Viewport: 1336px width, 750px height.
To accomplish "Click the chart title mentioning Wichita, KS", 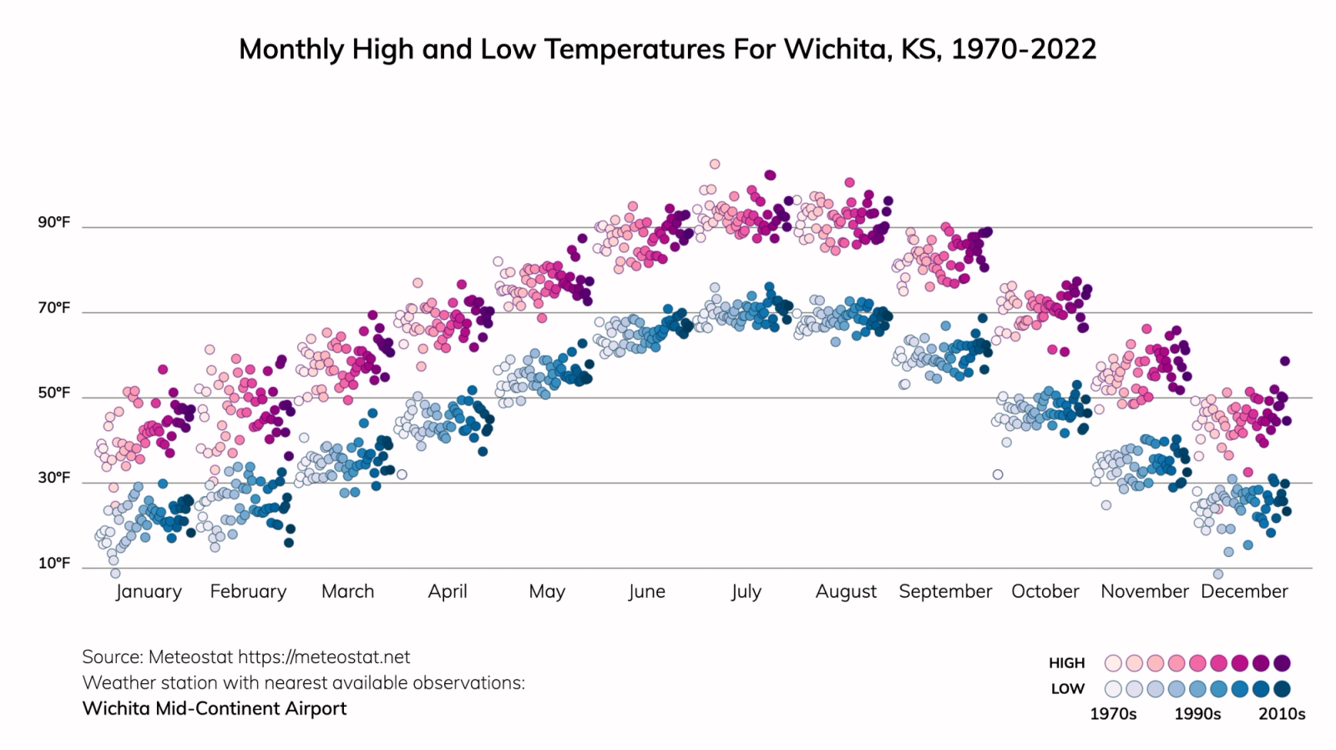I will (x=667, y=48).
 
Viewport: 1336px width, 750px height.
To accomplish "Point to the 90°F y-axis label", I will (x=53, y=222).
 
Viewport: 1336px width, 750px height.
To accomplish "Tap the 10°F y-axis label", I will (x=53, y=563).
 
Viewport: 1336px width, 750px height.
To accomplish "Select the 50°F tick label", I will (x=53, y=393).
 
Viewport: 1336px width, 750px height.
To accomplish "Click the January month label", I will (x=149, y=591).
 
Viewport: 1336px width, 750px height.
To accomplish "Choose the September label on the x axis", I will (x=945, y=591).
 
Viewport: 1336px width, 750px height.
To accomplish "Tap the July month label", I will (x=746, y=591).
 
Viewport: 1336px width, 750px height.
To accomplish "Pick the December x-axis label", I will (x=1244, y=591).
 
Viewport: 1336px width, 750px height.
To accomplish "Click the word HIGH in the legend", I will (x=1066, y=663).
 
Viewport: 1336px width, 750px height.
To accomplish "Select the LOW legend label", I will (x=1067, y=689).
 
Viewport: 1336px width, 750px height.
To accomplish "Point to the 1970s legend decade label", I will (x=1113, y=714).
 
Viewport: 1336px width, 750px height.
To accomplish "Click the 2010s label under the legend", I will (x=1282, y=714).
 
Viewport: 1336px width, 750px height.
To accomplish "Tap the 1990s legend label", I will (x=1197, y=714).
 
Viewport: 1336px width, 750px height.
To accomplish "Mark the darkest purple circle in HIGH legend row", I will (x=1283, y=663).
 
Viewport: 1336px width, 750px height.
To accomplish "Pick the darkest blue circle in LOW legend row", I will (x=1283, y=689).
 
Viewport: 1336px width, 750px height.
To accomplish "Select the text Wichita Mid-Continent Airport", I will (x=215, y=708).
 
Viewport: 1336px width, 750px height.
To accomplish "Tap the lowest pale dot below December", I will (x=1218, y=574).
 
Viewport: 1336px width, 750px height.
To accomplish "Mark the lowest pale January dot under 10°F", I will (x=115, y=573).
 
